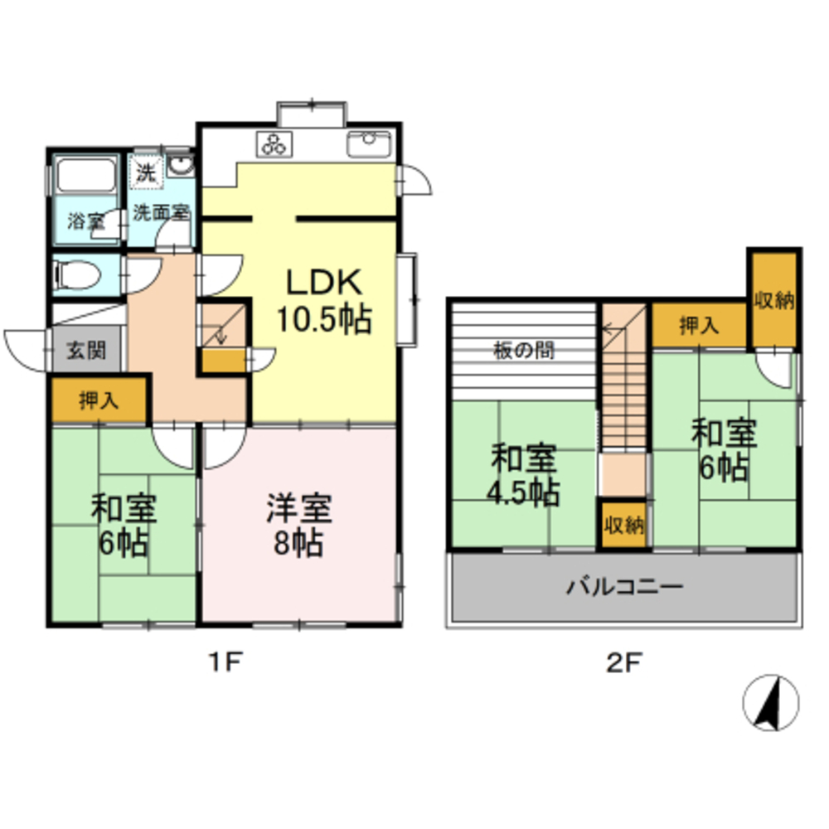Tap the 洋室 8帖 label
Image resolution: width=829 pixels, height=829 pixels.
(x=299, y=526)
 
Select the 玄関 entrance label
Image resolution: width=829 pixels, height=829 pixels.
(x=85, y=351)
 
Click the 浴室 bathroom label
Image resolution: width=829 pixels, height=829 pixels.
(x=85, y=221)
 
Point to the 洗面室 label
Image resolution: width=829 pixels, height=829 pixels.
(x=162, y=212)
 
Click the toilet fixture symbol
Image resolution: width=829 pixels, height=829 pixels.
(x=75, y=273)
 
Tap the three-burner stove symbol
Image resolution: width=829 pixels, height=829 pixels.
(x=274, y=143)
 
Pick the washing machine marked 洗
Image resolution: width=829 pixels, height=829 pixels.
(x=145, y=174)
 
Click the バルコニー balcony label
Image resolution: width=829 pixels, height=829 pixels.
(x=624, y=588)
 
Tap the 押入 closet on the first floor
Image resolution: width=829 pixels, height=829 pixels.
(x=98, y=401)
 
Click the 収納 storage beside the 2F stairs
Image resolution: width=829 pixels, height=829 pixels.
(x=623, y=525)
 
